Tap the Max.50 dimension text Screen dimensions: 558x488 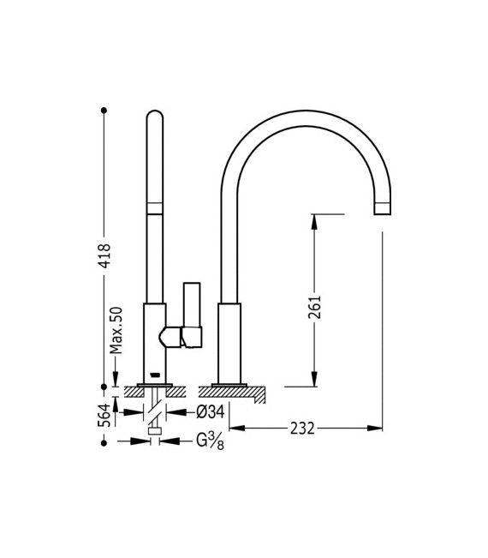[x=117, y=330]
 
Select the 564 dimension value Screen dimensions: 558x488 [x=104, y=414]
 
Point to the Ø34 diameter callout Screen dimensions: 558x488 [x=210, y=411]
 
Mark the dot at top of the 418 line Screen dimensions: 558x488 [x=104, y=110]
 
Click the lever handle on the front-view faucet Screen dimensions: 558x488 [x=191, y=315]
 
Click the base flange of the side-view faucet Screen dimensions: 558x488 [x=229, y=383]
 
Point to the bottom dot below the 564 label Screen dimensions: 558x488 [x=104, y=441]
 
